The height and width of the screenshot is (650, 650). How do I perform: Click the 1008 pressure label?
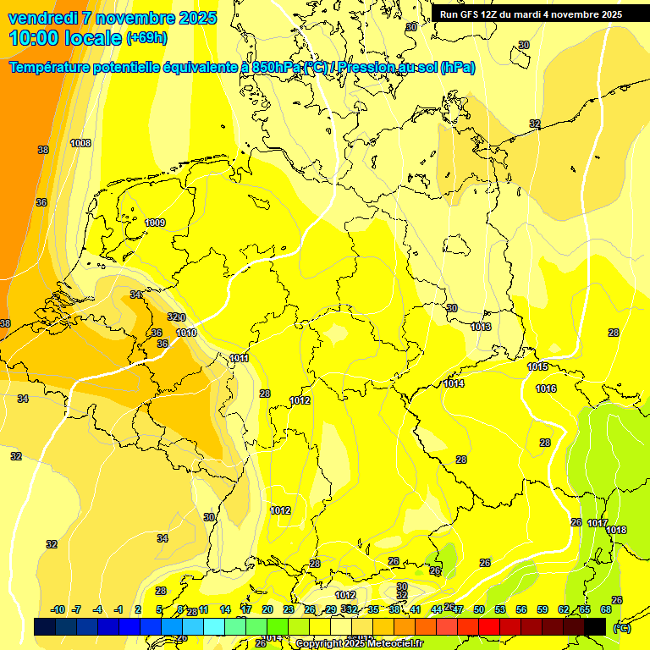pyautogui.click(x=80, y=143)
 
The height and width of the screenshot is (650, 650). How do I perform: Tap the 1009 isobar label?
pyautogui.click(x=155, y=223)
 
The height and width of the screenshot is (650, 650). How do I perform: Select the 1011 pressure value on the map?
pyautogui.click(x=240, y=358)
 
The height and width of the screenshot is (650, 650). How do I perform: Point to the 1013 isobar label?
pyautogui.click(x=481, y=327)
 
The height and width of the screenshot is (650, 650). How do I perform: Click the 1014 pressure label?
pyautogui.click(x=454, y=383)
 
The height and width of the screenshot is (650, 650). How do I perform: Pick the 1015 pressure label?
pyautogui.click(x=537, y=366)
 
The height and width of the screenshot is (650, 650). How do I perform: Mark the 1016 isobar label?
pyautogui.click(x=546, y=388)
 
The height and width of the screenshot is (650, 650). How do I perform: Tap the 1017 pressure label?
pyautogui.click(x=598, y=523)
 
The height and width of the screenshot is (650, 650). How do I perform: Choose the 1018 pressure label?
pyautogui.click(x=616, y=530)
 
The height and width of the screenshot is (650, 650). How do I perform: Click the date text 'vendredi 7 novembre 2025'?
pyautogui.click(x=113, y=18)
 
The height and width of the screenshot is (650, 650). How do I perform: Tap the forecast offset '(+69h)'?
pyautogui.click(x=146, y=39)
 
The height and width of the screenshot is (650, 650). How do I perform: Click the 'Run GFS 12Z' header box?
pyautogui.click(x=531, y=14)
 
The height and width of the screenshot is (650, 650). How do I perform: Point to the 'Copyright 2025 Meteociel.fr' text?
pyautogui.click(x=359, y=643)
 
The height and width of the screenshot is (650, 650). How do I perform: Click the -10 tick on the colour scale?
pyautogui.click(x=58, y=609)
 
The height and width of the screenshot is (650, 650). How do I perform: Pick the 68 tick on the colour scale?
pyautogui.click(x=606, y=609)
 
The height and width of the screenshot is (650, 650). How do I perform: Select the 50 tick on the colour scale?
pyautogui.click(x=479, y=609)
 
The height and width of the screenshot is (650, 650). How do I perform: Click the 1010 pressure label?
pyautogui.click(x=186, y=333)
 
